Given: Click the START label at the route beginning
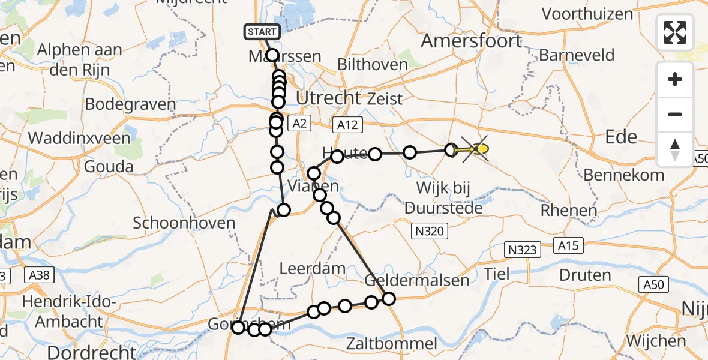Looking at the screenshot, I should pos(262,32).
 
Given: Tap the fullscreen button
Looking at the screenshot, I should pos(675,32).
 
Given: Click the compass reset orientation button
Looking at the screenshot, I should pos(675,149).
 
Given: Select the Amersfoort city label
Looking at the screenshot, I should pos(471,41).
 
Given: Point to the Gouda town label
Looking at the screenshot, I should pos(109,166).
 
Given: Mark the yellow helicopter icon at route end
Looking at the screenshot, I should pos(477,148).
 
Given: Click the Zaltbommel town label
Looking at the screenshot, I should pos(391,343).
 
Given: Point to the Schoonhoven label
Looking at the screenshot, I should pos(184,223).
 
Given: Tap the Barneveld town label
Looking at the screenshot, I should pos(577,55).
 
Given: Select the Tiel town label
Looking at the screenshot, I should pos(497,274).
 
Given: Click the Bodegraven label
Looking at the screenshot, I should pos(130,104).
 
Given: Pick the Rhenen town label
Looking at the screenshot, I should pos(568,211).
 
